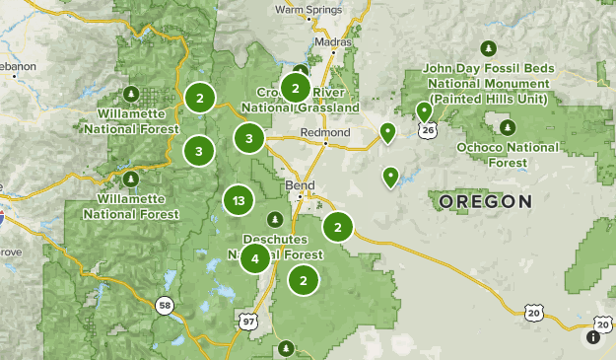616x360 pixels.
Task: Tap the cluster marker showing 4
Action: [x=255, y=258]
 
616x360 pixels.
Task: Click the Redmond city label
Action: [x=326, y=132]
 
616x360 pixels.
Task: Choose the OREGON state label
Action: [x=484, y=200]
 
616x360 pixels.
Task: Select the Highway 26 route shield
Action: [x=427, y=130]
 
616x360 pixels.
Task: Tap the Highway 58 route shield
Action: [x=164, y=306]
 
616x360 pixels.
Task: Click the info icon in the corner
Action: [x=593, y=337]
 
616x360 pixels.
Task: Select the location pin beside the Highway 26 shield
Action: [x=424, y=111]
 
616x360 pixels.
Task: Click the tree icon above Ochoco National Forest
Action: [x=507, y=127]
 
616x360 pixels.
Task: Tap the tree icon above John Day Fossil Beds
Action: [x=489, y=48]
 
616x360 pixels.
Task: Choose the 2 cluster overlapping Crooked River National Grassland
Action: [x=295, y=88]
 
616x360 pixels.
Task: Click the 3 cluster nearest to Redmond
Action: [x=249, y=139]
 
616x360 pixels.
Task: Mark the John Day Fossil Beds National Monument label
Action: [x=489, y=84]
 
